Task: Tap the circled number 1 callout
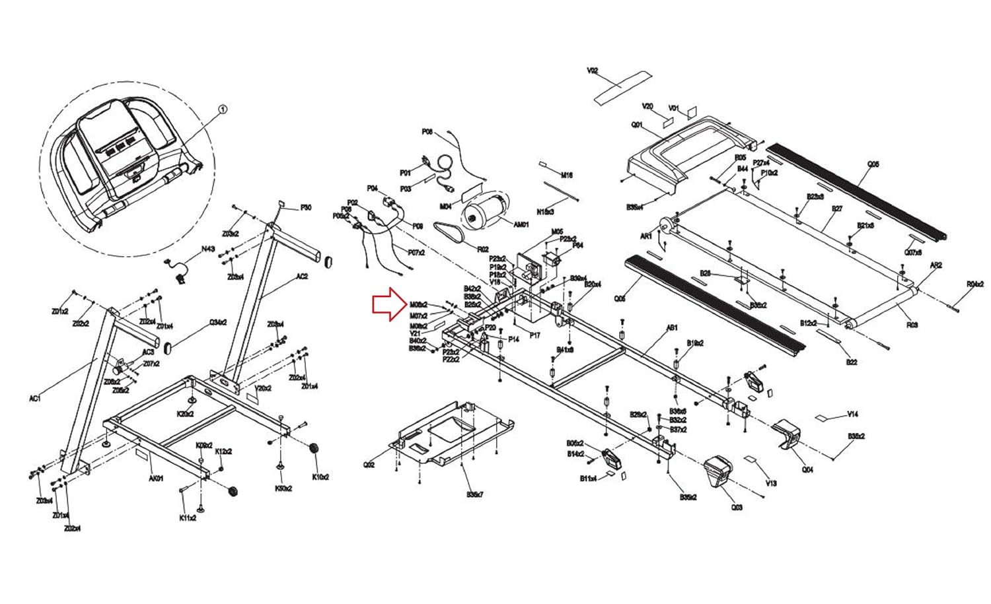222,110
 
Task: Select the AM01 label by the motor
521,225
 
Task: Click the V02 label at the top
592,71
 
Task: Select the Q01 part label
637,124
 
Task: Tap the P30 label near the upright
306,208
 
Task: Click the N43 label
208,249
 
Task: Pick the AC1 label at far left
35,398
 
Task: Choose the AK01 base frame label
156,479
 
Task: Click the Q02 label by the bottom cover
369,465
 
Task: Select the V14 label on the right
852,415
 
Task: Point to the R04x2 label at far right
975,285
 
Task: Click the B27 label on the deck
837,209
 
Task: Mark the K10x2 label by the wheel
320,477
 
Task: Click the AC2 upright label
301,277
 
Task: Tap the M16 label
566,176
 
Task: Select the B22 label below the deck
852,362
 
